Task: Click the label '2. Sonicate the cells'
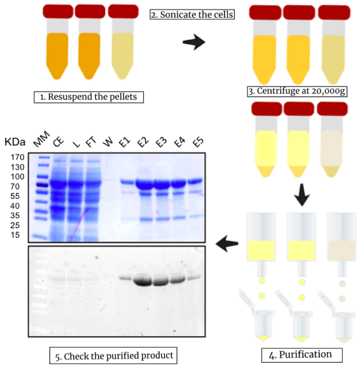(x=192, y=15)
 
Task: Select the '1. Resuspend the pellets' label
(x=88, y=97)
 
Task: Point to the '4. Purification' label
(x=301, y=355)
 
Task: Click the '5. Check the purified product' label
(x=113, y=356)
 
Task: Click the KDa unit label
(x=15, y=142)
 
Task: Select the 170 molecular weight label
(x=17, y=157)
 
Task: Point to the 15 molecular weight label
(x=15, y=235)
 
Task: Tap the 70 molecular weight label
(x=15, y=186)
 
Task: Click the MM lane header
(x=41, y=139)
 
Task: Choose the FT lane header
(x=91, y=142)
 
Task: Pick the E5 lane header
(x=198, y=142)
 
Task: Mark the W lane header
(x=108, y=142)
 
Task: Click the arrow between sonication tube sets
(x=193, y=42)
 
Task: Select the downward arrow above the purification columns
(x=302, y=195)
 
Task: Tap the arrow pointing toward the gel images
(x=227, y=244)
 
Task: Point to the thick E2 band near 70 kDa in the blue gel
(x=144, y=184)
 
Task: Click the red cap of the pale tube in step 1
(x=123, y=11)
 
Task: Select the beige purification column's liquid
(x=342, y=250)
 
